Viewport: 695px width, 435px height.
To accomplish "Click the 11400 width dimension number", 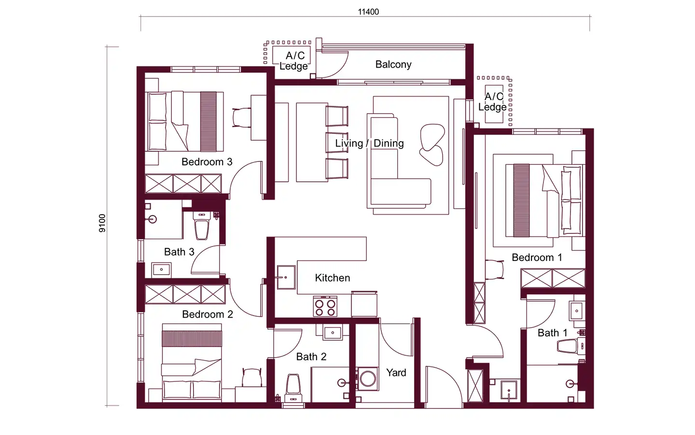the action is tap(368, 12).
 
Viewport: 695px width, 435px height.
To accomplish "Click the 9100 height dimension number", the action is tap(102, 223).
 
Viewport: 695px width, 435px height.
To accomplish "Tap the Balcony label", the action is tap(393, 64).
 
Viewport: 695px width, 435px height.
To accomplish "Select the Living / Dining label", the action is tap(369, 143).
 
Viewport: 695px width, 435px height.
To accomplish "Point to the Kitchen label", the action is tap(332, 278).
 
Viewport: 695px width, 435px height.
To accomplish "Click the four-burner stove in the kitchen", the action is tap(325, 306).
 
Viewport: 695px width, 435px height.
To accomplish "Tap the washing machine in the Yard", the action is tap(367, 379).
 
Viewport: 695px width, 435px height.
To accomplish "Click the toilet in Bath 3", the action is tap(202, 226).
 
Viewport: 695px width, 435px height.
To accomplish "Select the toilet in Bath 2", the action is tap(293, 388).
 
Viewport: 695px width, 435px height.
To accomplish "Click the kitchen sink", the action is tap(286, 277).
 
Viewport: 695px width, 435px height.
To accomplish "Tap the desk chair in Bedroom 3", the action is tap(242, 117).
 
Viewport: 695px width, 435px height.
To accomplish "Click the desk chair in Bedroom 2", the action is tap(251, 377).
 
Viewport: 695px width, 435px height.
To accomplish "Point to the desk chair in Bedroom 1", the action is tap(495, 270).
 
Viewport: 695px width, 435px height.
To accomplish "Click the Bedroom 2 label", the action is tap(207, 315).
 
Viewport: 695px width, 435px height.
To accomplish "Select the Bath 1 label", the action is tap(552, 333).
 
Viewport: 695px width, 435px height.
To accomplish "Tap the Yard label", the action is tap(396, 373).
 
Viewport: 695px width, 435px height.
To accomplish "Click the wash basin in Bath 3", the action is tap(161, 269).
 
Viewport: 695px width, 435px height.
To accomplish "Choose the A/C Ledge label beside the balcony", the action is tap(293, 61).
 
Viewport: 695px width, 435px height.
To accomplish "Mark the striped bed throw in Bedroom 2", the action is tap(192, 339).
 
